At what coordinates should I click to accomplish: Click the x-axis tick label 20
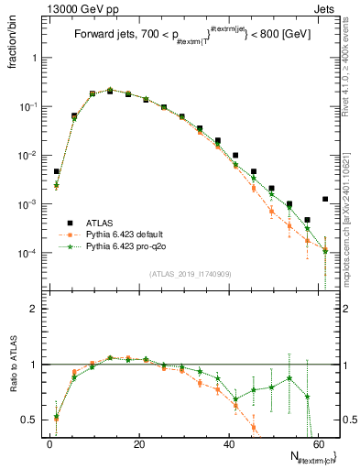pos(138,443)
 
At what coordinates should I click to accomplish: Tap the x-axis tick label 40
pos(228,443)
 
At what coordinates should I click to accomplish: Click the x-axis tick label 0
pos(49,443)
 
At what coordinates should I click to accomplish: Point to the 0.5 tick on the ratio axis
pos(32,420)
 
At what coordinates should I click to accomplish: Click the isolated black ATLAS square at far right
pos(325,199)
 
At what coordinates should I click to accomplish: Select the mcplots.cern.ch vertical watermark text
pos(350,225)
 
